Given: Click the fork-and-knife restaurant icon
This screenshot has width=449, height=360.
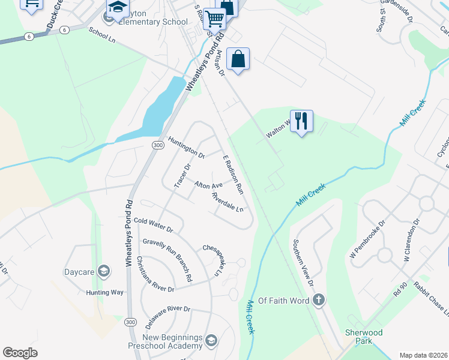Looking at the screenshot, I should pyautogui.click(x=301, y=121).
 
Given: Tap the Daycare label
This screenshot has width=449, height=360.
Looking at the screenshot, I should pyautogui.click(x=79, y=272).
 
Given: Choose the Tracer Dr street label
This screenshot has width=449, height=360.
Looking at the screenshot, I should pyautogui.click(x=181, y=175).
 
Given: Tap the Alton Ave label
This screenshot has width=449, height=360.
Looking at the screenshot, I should pyautogui.click(x=208, y=186).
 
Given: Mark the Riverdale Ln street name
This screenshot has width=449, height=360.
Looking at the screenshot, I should pyautogui.click(x=228, y=203).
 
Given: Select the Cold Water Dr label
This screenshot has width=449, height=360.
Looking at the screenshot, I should pyautogui.click(x=153, y=225).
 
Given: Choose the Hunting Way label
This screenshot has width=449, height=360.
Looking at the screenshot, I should pyautogui.click(x=104, y=292).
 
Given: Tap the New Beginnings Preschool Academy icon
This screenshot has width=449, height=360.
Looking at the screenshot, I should pyautogui.click(x=211, y=341).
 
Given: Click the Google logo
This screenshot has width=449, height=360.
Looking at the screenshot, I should pyautogui.click(x=20, y=353).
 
